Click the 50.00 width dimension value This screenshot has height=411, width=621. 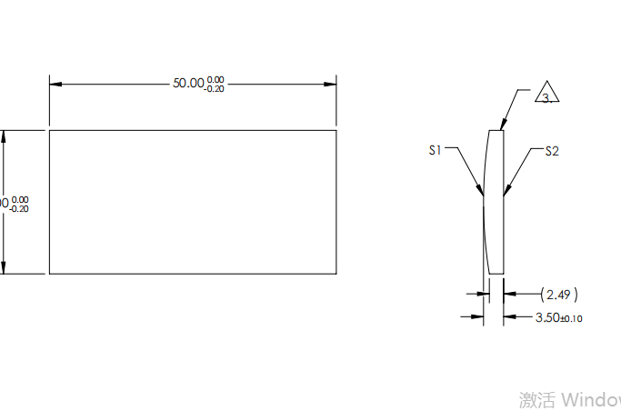[x=188, y=83]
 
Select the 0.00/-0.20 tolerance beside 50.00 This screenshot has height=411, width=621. [x=215, y=85]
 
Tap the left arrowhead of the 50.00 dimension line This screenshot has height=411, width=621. [x=55, y=85]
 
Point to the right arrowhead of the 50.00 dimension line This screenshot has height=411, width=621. [x=331, y=85]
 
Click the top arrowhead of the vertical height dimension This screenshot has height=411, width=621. [x=5, y=135]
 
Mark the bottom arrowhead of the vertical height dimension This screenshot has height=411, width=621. [x=5, y=267]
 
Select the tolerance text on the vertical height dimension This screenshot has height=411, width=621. [x=19, y=204]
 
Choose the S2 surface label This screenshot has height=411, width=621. [x=552, y=151]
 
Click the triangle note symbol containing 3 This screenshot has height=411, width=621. [x=546, y=95]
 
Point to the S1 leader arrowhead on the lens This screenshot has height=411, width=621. [x=482, y=191]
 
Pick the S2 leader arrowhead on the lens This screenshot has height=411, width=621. [x=506, y=191]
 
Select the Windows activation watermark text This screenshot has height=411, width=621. [x=569, y=399]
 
